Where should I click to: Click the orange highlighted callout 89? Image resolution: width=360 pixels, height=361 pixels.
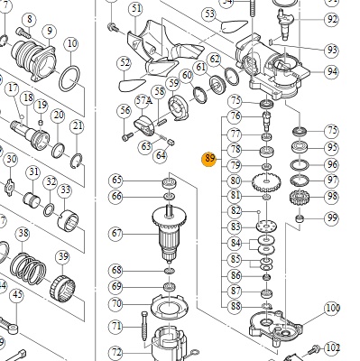click(209, 159)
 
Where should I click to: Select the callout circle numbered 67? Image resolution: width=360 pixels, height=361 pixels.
click(116, 234)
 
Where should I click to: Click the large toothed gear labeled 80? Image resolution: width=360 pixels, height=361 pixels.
click(266, 181)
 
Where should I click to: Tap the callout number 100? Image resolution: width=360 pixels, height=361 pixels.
click(332, 309)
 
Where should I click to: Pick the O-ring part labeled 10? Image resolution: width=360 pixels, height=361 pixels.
click(69, 79)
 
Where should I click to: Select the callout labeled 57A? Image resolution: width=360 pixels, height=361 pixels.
click(143, 101)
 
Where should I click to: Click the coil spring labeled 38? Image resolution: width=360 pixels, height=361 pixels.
click(28, 270)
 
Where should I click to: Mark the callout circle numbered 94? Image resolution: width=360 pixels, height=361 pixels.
click(332, 72)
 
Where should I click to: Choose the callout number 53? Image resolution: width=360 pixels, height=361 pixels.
click(209, 14)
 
